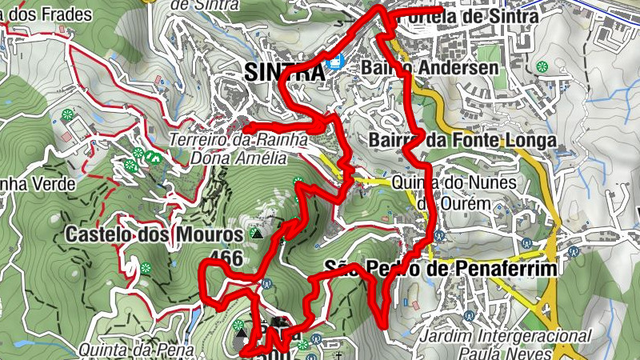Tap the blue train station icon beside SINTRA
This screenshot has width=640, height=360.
[334, 62]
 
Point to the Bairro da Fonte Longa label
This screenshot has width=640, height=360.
[462, 141]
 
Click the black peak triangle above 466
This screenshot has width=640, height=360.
[256, 234]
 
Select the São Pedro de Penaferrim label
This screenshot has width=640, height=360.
[441, 269]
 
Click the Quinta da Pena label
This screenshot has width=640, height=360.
[137, 349]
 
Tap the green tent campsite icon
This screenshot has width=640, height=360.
[150, 157]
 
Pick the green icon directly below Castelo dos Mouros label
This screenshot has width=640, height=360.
[146, 267]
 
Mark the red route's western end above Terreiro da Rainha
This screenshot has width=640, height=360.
[244, 128]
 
